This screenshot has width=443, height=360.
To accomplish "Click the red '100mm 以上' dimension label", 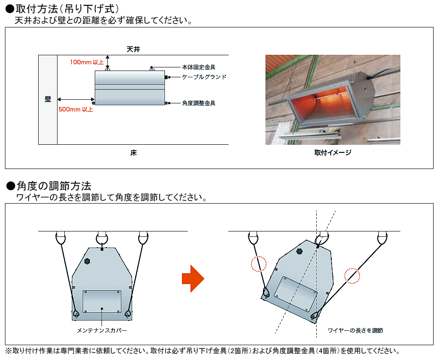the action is [87, 62].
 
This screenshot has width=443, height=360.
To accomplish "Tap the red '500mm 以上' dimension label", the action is [76, 109].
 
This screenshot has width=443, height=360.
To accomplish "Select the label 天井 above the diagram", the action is [133, 49].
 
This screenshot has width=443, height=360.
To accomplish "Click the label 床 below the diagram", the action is [133, 153].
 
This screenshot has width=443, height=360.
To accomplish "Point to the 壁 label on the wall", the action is [48, 99].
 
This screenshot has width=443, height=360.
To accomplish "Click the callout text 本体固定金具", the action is [199, 67].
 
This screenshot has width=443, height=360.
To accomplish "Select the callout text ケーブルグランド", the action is [204, 77].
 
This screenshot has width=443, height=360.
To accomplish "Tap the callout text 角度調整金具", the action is [199, 103].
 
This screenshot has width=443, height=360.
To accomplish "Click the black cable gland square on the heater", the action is [166, 77].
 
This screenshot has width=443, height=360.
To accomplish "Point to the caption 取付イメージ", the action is [333, 153].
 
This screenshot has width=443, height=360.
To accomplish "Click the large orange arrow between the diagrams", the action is [193, 279].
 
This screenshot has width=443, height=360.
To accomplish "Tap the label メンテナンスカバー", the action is [102, 330].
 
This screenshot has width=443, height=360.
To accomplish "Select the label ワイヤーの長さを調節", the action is [355, 330].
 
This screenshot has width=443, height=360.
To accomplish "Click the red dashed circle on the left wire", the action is [259, 264].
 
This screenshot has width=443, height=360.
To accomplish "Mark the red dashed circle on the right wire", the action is [352, 276].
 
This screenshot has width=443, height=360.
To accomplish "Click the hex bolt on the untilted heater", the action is [87, 262].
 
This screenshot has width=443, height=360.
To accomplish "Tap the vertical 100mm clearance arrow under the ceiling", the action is [107, 62].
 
